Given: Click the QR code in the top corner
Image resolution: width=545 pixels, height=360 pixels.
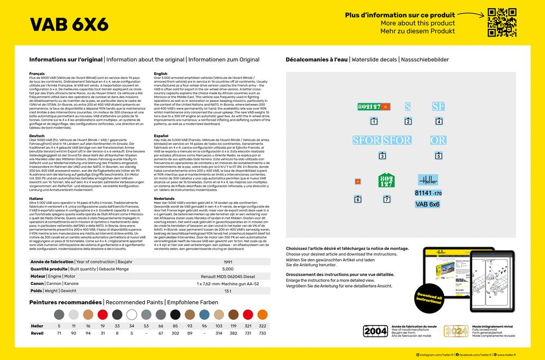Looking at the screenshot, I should tap(501, 22).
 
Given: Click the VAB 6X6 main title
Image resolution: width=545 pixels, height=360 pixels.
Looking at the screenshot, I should tap(69, 25).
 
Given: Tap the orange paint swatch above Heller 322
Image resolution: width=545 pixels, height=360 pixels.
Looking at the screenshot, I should tap(263, 315).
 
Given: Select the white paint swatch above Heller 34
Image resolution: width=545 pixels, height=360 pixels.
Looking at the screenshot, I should tap(131, 315).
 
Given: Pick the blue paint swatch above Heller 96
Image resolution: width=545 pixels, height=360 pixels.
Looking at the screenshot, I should tap(204, 315).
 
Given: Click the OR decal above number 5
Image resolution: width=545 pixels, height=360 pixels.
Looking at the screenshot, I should tap(438, 140).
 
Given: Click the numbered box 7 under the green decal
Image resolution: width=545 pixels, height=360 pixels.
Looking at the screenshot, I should tap(387, 200).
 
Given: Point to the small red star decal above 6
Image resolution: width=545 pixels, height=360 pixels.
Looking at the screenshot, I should tap(358, 181).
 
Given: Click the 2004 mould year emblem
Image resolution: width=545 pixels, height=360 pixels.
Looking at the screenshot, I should tap(376, 331).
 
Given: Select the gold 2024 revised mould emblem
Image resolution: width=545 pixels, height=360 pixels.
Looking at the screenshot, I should tap(456, 331).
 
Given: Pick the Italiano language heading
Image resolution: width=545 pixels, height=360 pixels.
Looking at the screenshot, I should tap(37, 199).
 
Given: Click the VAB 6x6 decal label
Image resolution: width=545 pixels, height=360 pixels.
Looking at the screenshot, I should tap(427, 204).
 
